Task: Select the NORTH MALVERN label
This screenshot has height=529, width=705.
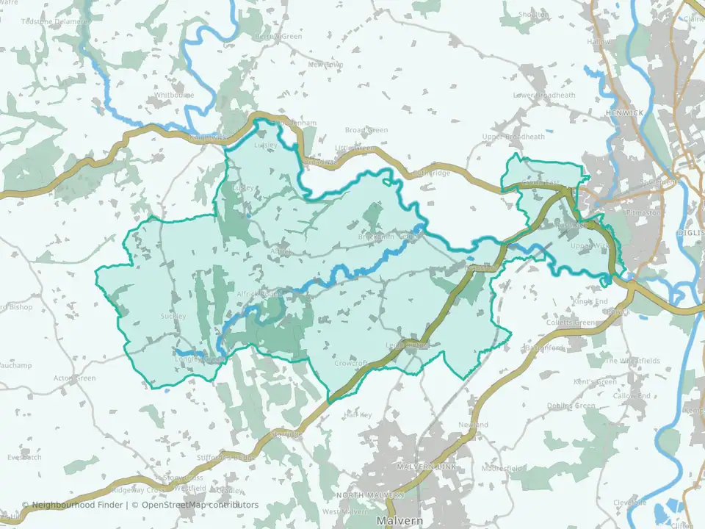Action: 370,496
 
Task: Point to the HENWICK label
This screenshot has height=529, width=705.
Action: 626,112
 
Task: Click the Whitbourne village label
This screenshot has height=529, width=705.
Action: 174,96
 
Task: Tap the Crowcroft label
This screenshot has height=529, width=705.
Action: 350,363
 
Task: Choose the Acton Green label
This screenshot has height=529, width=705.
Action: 75,378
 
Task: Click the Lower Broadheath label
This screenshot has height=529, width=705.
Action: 544,96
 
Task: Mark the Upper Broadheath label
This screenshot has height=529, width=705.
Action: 514,137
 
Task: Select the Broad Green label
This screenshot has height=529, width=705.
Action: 366,131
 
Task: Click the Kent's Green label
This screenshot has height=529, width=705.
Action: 595,382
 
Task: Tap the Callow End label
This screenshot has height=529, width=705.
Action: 632,396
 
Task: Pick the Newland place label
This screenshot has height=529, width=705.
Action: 473,425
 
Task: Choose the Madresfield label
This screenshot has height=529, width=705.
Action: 502,468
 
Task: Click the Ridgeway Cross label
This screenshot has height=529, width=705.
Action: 137,490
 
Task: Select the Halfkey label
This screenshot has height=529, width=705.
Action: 358,415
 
